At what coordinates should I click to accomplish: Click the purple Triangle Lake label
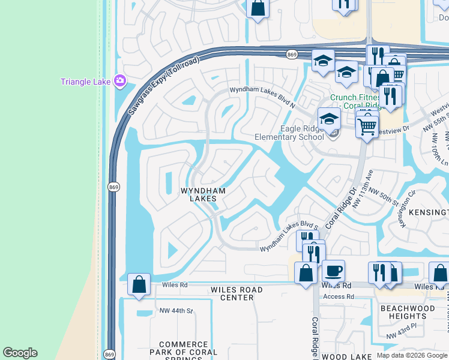point(86,81)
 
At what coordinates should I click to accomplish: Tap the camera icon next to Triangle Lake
point(120,80)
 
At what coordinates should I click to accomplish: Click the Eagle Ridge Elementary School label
point(289,133)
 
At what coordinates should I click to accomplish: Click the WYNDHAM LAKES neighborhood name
point(203,194)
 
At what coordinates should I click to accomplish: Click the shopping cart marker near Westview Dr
point(367,125)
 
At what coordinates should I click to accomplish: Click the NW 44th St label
point(176,311)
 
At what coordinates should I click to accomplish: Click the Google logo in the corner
point(20,352)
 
